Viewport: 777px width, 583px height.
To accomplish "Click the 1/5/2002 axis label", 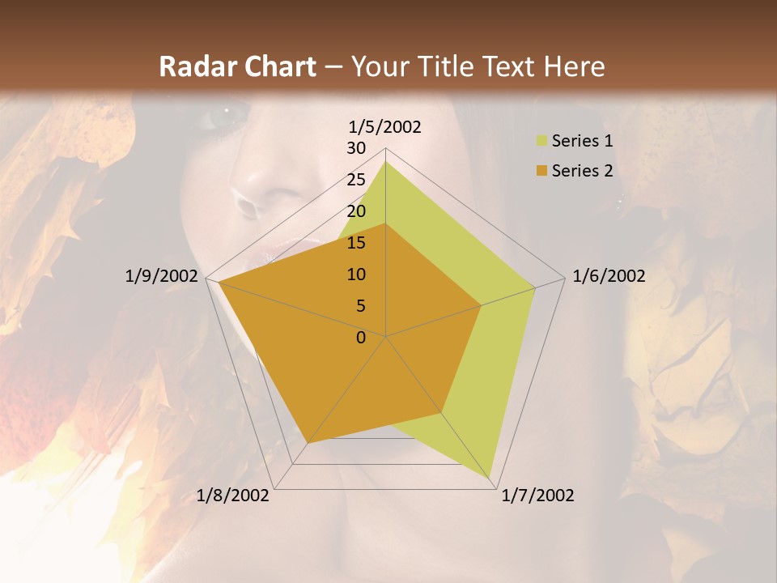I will (384, 126).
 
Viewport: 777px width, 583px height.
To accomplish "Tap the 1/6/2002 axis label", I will (609, 276).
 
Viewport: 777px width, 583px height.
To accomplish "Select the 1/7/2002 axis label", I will (537, 496).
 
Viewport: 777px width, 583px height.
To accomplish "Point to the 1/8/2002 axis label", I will (233, 496).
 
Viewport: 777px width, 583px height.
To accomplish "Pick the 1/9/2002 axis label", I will (161, 276).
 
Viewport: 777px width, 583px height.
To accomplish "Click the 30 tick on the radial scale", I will (356, 148).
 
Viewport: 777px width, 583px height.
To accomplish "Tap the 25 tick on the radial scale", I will (356, 180).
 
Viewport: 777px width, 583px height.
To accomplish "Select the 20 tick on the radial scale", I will (356, 211).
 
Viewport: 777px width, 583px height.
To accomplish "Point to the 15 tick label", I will (356, 243).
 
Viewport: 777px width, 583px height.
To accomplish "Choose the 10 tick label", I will (356, 274).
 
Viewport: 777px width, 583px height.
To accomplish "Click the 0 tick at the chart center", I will (361, 338).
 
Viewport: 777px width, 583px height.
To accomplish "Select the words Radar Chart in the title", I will (237, 67).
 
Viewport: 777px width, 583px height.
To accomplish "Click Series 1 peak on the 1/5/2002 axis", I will (385, 162).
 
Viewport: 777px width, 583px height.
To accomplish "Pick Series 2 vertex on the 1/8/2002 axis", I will (308, 442).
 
